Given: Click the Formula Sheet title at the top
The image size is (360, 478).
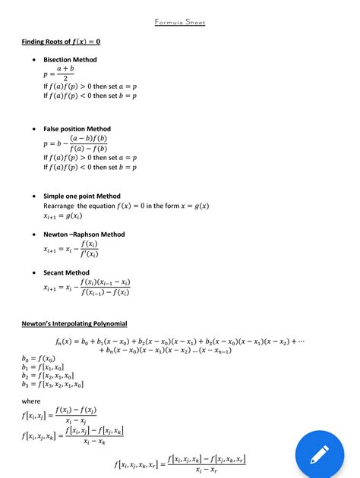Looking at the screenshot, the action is [x=180, y=22].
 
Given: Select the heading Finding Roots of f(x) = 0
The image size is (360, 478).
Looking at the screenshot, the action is [x=61, y=42].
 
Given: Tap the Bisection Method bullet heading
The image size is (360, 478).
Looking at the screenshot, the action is [x=70, y=59].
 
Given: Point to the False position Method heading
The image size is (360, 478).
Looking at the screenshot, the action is [x=77, y=129].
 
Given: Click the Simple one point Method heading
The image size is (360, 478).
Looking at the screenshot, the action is [x=82, y=196].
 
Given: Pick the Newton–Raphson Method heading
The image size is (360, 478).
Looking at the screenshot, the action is [x=84, y=234].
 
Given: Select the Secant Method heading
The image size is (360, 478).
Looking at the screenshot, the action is [x=66, y=272].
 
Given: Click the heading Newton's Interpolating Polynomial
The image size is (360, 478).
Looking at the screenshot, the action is [x=74, y=324].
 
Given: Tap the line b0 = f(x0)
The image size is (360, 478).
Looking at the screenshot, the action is [x=39, y=358].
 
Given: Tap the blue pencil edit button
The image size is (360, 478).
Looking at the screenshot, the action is [x=319, y=452].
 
